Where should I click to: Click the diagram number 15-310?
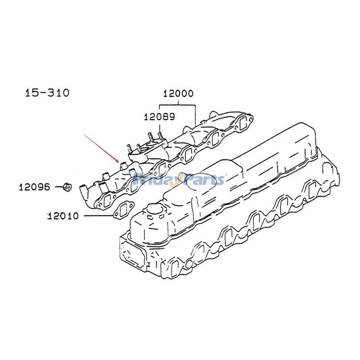coord(47,93)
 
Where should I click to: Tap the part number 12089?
coord(159,117)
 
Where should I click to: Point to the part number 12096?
coord(34,186)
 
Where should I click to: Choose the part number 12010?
coord(63,216)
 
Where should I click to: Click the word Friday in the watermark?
coord(155,180)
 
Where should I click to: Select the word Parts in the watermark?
coord(202,180)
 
